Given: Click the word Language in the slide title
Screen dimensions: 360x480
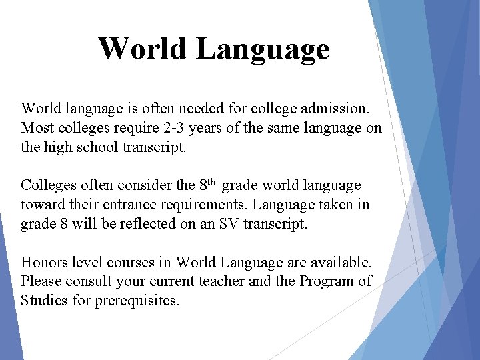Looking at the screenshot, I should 264,49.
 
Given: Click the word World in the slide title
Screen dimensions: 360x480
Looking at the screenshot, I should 142,48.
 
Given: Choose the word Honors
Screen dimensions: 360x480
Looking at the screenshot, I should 43,262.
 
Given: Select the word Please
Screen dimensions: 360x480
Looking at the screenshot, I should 41,281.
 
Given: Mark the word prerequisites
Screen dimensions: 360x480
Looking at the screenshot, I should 137,301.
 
